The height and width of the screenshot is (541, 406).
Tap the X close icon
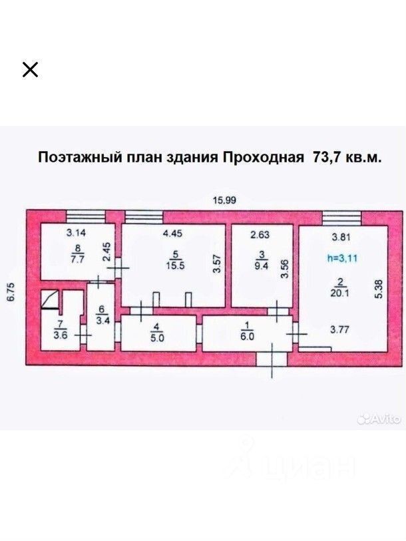tap(30, 69)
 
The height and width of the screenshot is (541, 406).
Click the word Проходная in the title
tap(260, 158)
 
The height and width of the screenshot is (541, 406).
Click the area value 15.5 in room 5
tap(176, 264)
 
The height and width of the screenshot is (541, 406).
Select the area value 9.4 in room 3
tap(262, 264)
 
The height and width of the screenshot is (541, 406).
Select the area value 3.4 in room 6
tap(102, 319)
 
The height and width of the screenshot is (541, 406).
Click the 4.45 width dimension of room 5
tap(173, 234)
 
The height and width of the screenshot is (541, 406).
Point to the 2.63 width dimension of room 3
tap(261, 234)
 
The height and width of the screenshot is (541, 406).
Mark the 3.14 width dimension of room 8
tap(77, 234)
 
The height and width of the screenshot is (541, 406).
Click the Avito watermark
tap(379, 419)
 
